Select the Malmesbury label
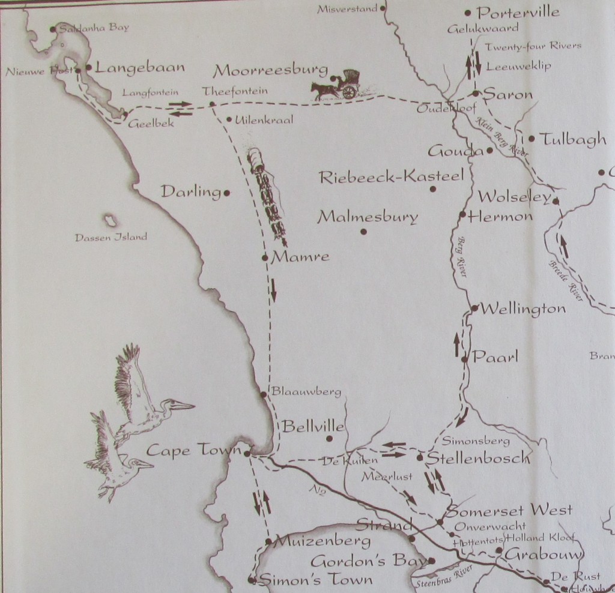pos(367,217)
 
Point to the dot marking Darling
pos(226,193)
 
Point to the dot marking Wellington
pos(474,309)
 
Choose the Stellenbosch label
pos(478,459)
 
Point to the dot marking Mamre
pos(265,258)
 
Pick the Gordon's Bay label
pos(370,562)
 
